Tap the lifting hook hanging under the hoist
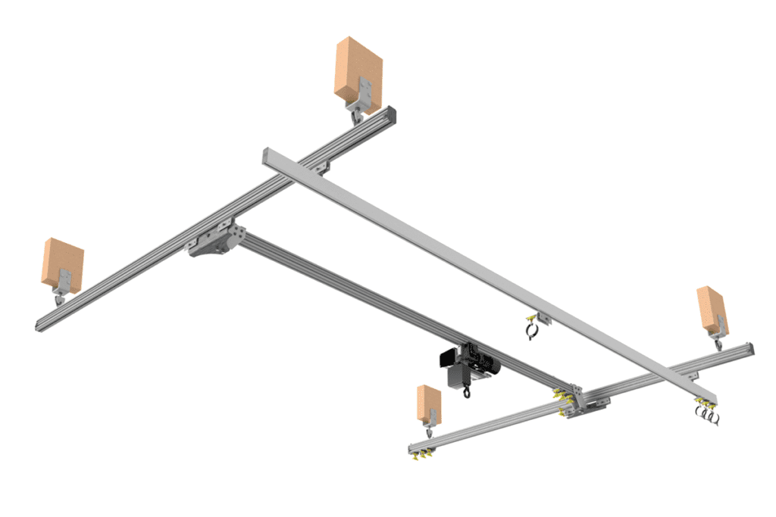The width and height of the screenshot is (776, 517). [466, 392]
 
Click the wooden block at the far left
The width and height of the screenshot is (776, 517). [62, 263]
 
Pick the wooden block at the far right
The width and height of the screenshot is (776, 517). [712, 309]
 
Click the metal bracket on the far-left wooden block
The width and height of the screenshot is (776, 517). [66, 281]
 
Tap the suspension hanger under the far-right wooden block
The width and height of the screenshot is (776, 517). [718, 342]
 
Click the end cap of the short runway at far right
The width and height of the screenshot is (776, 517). [749, 349]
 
